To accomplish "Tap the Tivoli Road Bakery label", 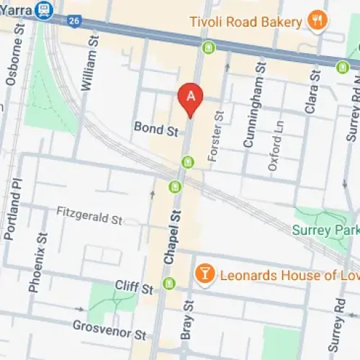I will pos(246,22).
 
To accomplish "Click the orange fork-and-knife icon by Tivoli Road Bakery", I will pos(315,21).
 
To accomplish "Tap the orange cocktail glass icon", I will pos(205,274).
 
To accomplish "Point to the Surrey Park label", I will pos(326,231).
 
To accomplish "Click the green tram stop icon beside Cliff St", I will pos(169,283).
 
